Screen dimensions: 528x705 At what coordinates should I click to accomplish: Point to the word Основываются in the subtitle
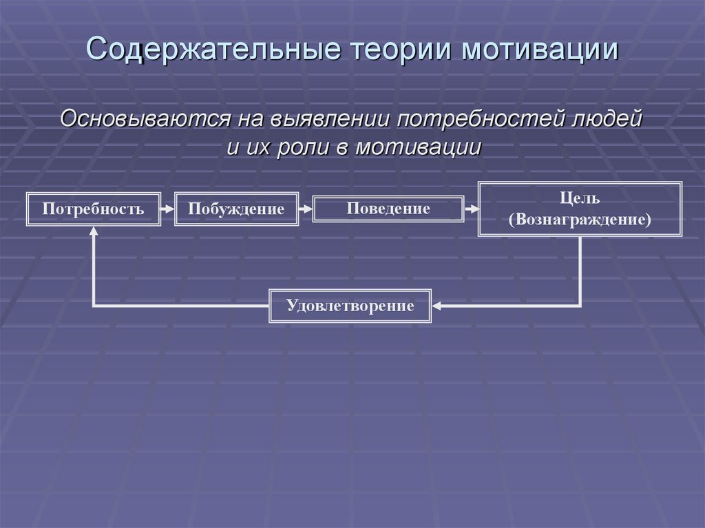pyautogui.click(x=145, y=118)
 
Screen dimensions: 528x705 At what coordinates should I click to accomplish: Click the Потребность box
pyautogui.click(x=93, y=209)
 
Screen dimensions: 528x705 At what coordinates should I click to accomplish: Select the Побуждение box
pyautogui.click(x=236, y=209)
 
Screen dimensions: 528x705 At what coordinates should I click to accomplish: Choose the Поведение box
pyautogui.click(x=388, y=208)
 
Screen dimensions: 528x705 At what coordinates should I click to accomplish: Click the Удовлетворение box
pyautogui.click(x=350, y=305)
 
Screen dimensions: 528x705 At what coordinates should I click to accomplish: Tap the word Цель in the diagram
pyautogui.click(x=580, y=198)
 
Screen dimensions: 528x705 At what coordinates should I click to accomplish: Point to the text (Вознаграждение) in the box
pyautogui.click(x=580, y=221)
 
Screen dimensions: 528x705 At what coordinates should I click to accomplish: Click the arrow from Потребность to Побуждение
pyautogui.click(x=167, y=207)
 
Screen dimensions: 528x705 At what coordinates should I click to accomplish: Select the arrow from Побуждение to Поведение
pyautogui.click(x=306, y=207)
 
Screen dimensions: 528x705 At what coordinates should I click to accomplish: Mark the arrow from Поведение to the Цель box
pyautogui.click(x=472, y=207)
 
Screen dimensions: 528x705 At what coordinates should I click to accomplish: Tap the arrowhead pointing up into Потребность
pyautogui.click(x=93, y=234)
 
